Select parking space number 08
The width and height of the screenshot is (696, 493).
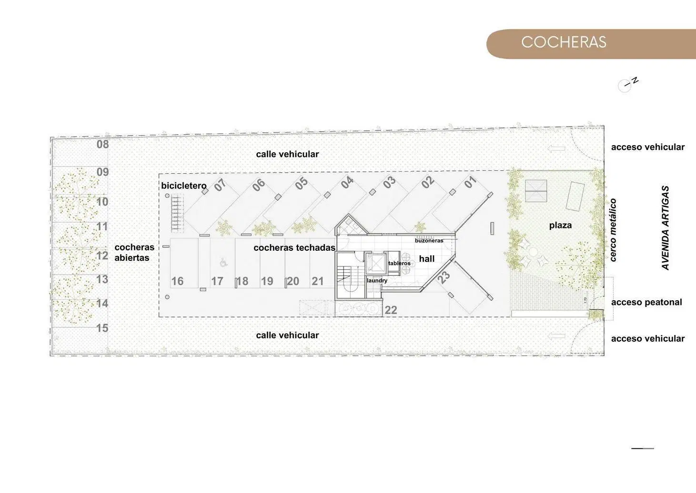pos(102,144)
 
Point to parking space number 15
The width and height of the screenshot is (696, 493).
pos(102,328)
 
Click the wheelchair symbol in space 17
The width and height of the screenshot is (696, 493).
pos(223,263)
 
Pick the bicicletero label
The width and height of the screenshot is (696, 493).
pos(183,186)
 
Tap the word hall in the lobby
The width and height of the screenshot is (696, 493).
pos(427,258)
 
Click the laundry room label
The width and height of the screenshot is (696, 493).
pos(377,281)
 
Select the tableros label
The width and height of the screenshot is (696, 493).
pos(399,263)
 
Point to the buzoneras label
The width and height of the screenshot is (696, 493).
pos(429,241)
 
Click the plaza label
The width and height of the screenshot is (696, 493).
pos(560,226)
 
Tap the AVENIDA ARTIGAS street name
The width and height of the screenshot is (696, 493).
pos(665,228)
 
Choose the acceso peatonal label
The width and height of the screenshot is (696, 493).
pos(646,302)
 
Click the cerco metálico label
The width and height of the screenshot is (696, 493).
pos(613,230)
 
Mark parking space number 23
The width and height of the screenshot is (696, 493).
pos(444,277)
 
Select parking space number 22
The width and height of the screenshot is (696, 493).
pos(391,310)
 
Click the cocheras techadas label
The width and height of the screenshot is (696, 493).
pos(294,248)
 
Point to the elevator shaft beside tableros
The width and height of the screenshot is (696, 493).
pos(375,264)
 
